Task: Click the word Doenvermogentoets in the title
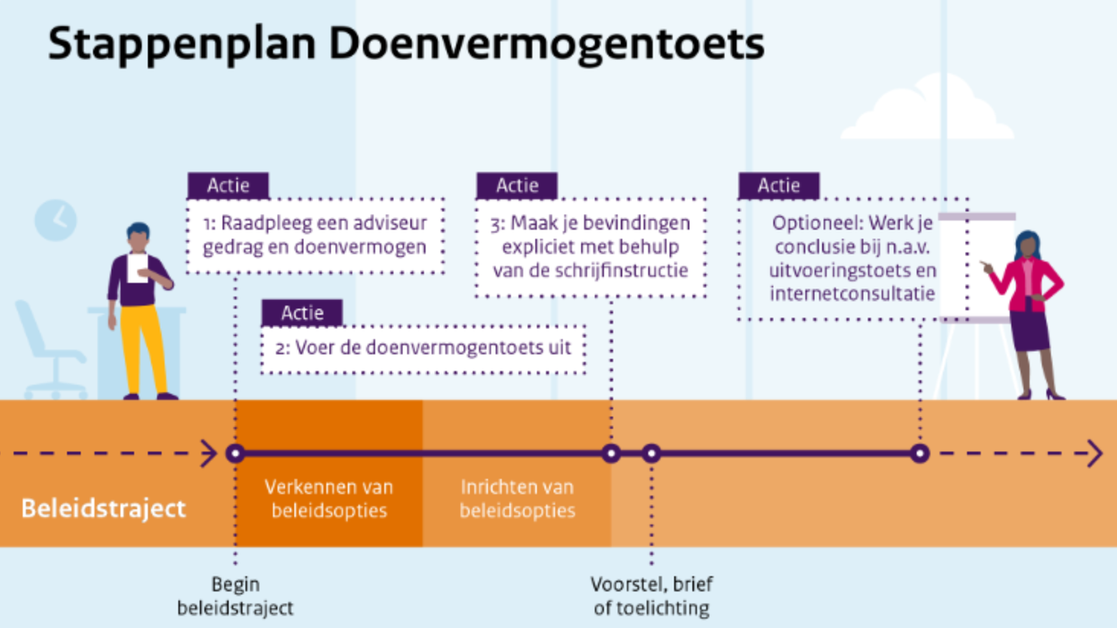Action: click(x=547, y=45)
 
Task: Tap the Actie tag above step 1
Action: click(x=229, y=186)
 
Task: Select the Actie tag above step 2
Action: click(x=302, y=313)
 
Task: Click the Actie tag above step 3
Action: click(x=517, y=186)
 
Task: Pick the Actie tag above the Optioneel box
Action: click(x=779, y=186)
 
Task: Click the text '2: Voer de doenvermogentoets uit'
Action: click(x=423, y=347)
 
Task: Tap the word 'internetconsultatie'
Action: click(x=852, y=294)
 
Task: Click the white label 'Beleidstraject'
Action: click(x=104, y=509)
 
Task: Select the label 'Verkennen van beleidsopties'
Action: click(x=329, y=498)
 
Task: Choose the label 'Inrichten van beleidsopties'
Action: click(x=517, y=498)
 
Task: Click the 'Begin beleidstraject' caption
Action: click(x=235, y=596)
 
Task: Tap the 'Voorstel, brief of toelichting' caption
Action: click(x=651, y=596)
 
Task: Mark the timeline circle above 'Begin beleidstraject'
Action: click(x=235, y=454)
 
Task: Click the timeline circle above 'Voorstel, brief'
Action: click(x=651, y=454)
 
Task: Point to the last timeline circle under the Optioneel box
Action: click(x=920, y=454)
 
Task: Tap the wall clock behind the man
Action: click(x=55, y=221)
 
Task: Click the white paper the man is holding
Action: click(x=138, y=268)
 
